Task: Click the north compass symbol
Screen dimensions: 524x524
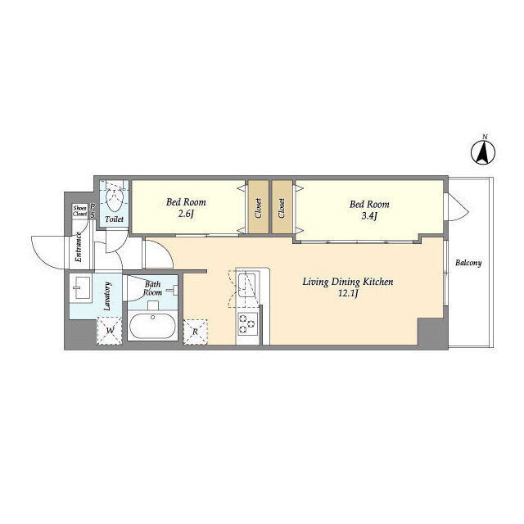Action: pyautogui.click(x=483, y=152)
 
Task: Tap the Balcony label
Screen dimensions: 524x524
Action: pyautogui.click(x=468, y=263)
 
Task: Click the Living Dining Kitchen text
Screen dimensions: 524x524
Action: pyautogui.click(x=347, y=282)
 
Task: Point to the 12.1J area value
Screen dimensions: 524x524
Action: pyautogui.click(x=348, y=294)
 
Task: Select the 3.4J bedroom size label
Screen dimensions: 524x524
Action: pyautogui.click(x=369, y=216)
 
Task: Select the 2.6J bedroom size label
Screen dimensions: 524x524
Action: pyautogui.click(x=186, y=214)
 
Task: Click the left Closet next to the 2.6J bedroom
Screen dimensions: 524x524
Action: pyautogui.click(x=258, y=208)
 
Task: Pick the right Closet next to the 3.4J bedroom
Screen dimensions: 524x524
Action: pyautogui.click(x=282, y=208)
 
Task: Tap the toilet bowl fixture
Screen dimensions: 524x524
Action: pyautogui.click(x=114, y=199)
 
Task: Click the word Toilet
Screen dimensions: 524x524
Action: pyautogui.click(x=115, y=219)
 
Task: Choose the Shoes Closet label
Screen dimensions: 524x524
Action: pyautogui.click(x=80, y=211)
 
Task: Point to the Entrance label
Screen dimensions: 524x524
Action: pyautogui.click(x=79, y=247)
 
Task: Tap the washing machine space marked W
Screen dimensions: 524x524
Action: pyautogui.click(x=109, y=331)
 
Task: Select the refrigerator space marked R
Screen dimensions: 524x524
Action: pyautogui.click(x=196, y=332)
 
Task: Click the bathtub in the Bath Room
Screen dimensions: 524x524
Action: pyautogui.click(x=153, y=326)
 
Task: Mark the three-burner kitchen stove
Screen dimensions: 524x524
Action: pyautogui.click(x=247, y=323)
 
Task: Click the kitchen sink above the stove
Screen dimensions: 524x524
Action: pyautogui.click(x=246, y=285)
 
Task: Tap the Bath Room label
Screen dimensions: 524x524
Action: pyautogui.click(x=153, y=288)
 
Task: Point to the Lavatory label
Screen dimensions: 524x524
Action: pyautogui.click(x=107, y=296)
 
